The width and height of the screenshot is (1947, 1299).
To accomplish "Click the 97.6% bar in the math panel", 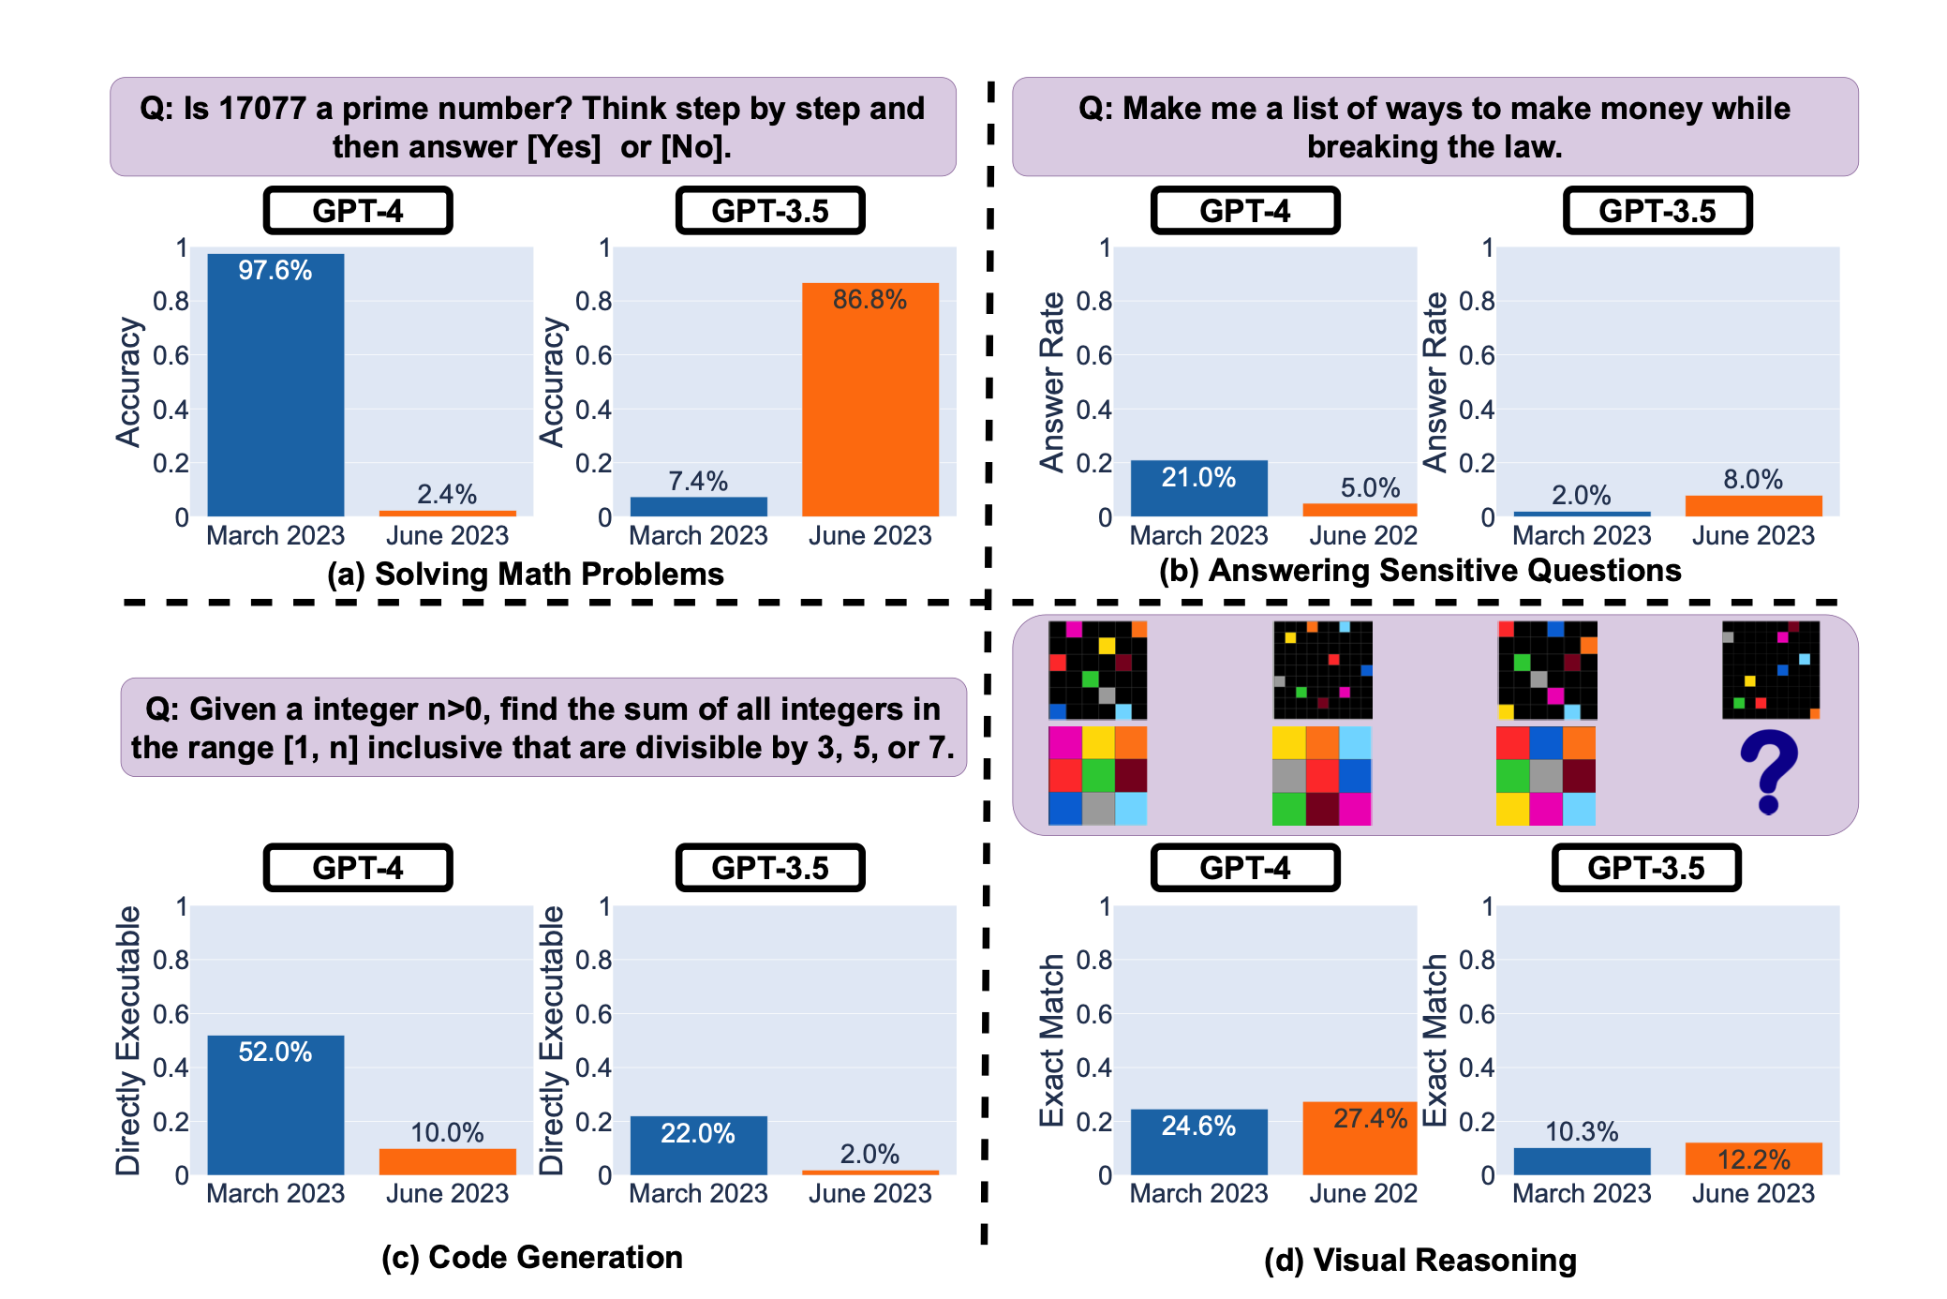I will pos(275,384).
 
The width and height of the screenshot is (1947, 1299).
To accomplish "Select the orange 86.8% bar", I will pos(869,399).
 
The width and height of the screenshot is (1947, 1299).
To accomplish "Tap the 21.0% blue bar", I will pos(1198,488).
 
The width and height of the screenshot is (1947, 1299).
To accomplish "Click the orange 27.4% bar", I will pos(1360,1138).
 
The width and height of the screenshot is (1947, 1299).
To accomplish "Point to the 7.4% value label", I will pos(698,481).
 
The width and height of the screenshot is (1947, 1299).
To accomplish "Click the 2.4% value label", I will pos(447,494).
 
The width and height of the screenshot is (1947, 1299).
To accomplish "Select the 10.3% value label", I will pos(1582,1131).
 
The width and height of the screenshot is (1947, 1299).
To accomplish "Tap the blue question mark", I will pos(1769,771).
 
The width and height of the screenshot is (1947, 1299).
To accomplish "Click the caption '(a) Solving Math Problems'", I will pos(526,574).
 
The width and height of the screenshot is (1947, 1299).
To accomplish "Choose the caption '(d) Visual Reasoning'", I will pos(1419,1260).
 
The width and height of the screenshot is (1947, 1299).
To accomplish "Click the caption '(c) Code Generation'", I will pos(532,1257).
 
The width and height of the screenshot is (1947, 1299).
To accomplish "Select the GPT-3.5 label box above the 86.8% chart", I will pos(770,211).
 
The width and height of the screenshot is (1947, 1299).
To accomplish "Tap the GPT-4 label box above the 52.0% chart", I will pos(358,868).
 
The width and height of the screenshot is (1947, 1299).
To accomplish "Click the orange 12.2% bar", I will pos(1753,1158).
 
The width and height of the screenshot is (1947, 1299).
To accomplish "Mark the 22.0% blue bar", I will pos(698,1144).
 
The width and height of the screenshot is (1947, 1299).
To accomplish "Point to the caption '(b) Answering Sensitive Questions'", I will pos(1419,570).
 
